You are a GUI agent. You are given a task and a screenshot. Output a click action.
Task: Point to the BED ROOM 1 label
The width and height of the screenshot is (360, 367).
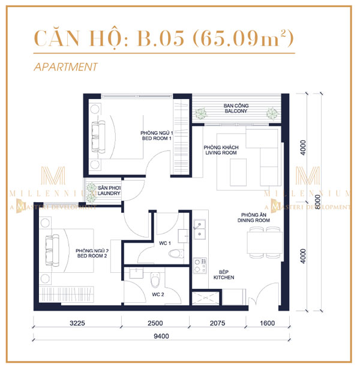click(x=157, y=136)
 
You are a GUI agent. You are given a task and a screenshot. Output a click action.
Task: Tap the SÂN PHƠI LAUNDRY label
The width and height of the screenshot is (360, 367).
click(x=110, y=191)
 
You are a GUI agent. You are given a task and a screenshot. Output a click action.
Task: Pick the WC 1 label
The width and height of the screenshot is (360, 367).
click(x=170, y=242)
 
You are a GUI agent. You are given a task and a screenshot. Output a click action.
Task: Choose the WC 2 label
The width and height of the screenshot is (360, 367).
click(x=157, y=294)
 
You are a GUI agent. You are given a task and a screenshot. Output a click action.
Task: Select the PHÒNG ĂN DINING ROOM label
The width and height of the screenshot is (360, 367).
click(x=257, y=218)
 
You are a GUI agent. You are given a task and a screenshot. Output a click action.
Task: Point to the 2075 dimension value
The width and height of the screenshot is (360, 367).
click(x=221, y=324)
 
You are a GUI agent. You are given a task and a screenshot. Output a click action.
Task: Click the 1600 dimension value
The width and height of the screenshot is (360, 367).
click(x=267, y=324)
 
